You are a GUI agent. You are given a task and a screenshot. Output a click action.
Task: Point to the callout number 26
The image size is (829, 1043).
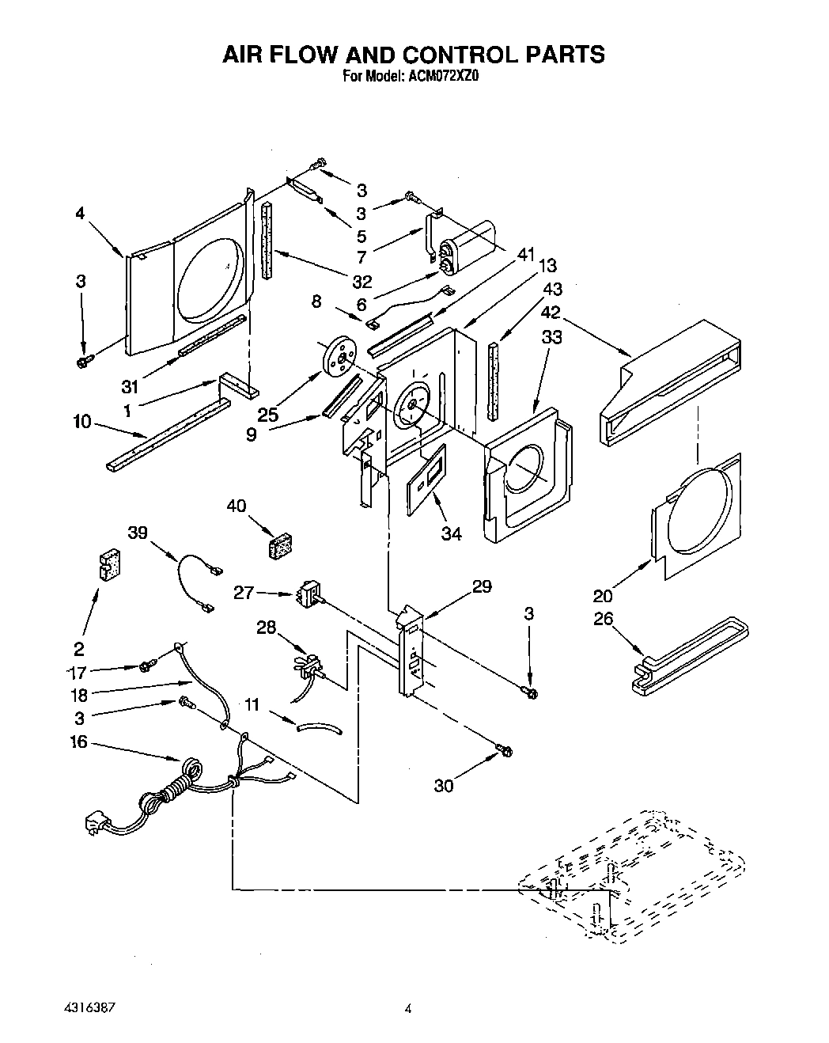(603, 619)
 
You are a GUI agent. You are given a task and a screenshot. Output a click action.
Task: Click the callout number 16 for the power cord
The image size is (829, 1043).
(78, 742)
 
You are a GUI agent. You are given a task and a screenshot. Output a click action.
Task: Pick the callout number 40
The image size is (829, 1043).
(237, 506)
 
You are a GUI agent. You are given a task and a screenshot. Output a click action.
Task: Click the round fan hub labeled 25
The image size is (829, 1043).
(339, 358)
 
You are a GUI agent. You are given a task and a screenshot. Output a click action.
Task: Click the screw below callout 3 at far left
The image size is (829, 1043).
(82, 362)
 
